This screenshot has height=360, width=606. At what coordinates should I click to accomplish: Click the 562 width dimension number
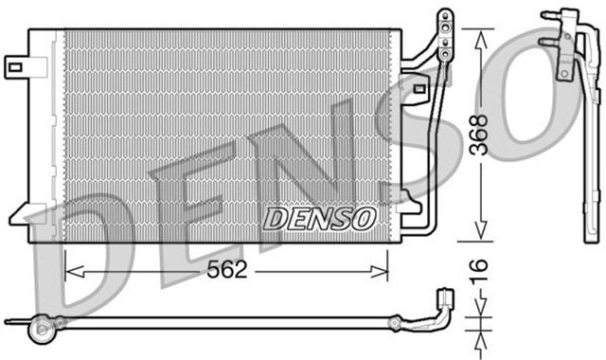(x=227, y=270)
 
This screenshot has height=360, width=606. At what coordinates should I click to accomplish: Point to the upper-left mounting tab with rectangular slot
(x=17, y=65)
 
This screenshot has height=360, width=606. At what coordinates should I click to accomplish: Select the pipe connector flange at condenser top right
(x=442, y=28)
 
